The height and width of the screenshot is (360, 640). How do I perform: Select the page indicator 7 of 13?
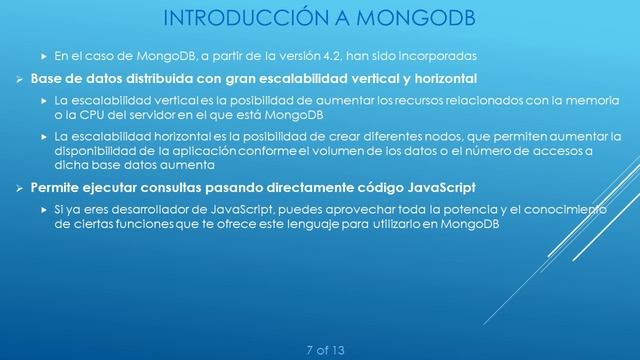pyautogui.click(x=329, y=349)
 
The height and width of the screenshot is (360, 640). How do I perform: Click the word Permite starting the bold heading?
pyautogui.click(x=61, y=187)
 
